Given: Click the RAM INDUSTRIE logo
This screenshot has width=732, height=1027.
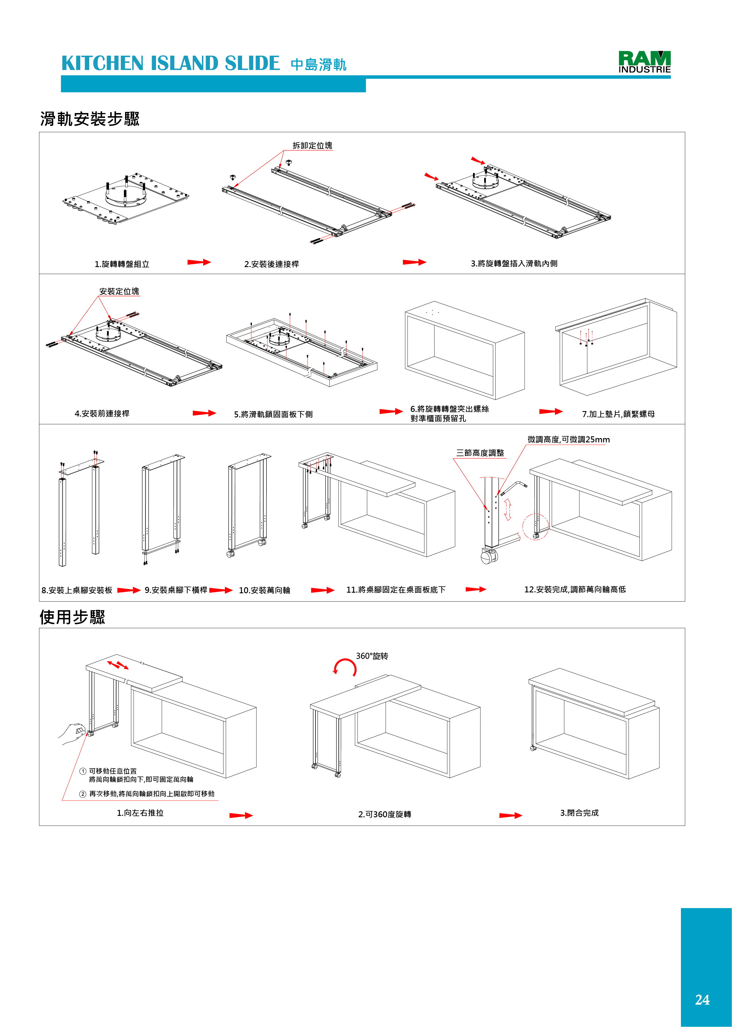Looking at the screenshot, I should [644, 62].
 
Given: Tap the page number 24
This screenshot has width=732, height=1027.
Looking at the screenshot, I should [702, 999].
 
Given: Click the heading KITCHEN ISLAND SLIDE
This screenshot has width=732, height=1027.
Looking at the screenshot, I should [170, 64].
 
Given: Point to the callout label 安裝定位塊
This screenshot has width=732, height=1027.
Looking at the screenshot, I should [119, 291].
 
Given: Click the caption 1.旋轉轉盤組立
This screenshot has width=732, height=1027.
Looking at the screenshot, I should [122, 264].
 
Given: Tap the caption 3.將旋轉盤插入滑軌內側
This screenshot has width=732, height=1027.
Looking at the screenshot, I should [514, 263].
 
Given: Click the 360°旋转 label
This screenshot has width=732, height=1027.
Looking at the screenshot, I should [372, 656].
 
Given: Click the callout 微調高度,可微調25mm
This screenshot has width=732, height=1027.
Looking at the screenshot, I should [569, 439].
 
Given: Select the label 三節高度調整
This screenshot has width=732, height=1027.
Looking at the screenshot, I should [480, 453].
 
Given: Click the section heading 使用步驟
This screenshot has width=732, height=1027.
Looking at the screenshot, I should [72, 617].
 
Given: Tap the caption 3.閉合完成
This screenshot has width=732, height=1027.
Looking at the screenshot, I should [579, 812].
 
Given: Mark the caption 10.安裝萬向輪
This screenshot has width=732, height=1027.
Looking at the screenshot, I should [264, 590].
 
